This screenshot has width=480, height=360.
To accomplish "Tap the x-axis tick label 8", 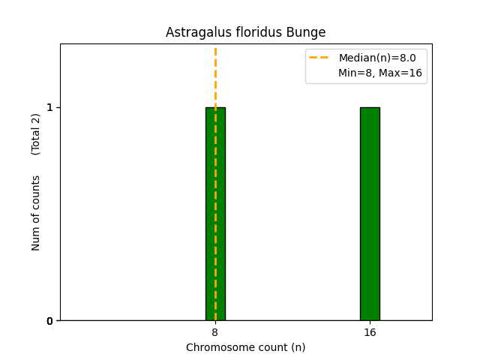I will point(215,332).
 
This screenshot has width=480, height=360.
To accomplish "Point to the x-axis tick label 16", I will point(370,332).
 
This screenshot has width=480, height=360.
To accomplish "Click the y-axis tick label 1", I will point(49,107).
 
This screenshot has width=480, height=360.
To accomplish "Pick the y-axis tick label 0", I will point(49,321).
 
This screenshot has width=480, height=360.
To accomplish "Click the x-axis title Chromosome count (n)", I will point(245,347).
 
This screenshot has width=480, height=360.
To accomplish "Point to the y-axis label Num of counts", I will point(36,213).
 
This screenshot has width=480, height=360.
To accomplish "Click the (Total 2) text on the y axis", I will point(36,134).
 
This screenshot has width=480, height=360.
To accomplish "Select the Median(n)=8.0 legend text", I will point(376,58).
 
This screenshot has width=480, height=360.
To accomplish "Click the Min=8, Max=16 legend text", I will point(379,73).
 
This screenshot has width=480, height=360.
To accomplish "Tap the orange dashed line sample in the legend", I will point(319,58).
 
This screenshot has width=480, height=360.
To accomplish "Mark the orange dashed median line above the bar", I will point(215,75).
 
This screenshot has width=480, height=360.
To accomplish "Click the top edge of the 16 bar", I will point(370,107).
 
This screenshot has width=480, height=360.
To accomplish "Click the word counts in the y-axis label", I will point(36,190).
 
